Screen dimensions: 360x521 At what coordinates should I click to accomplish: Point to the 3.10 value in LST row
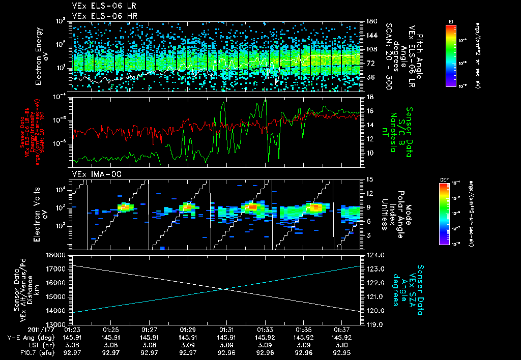pos(341,344)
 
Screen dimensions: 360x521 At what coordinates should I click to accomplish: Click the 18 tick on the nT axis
pos(369,97)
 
